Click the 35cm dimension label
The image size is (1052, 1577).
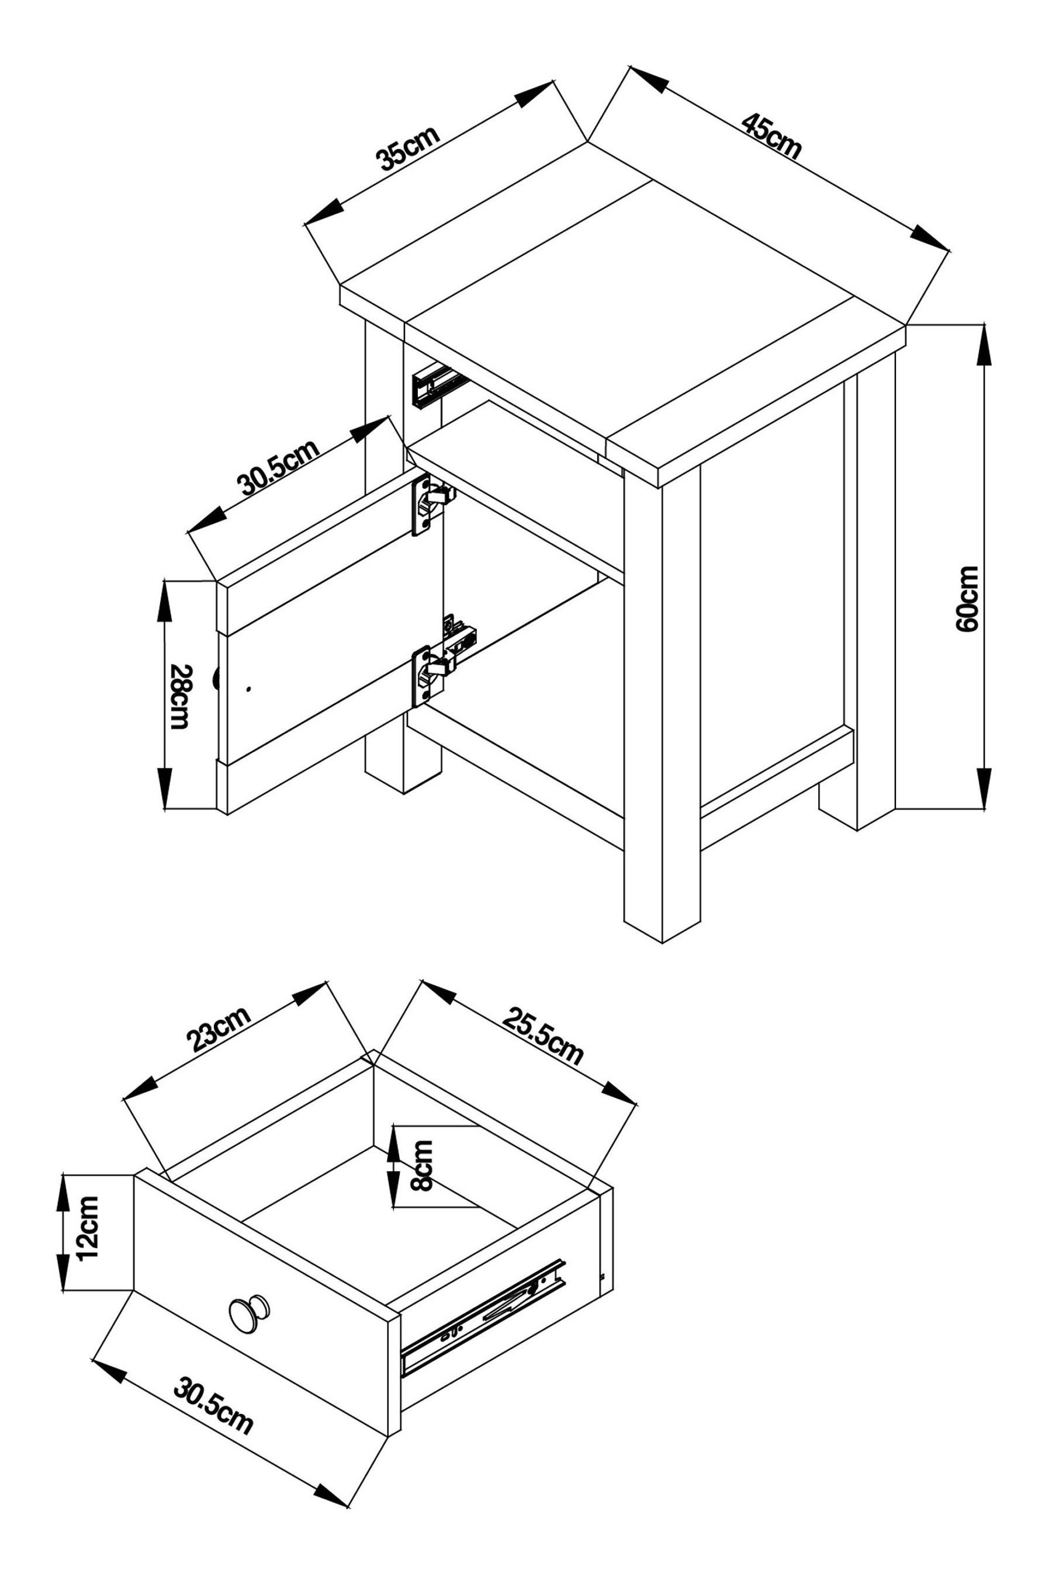pos(408,149)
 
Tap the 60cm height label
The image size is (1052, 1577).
pos(968,599)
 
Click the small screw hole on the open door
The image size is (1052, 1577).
pos(248,689)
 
